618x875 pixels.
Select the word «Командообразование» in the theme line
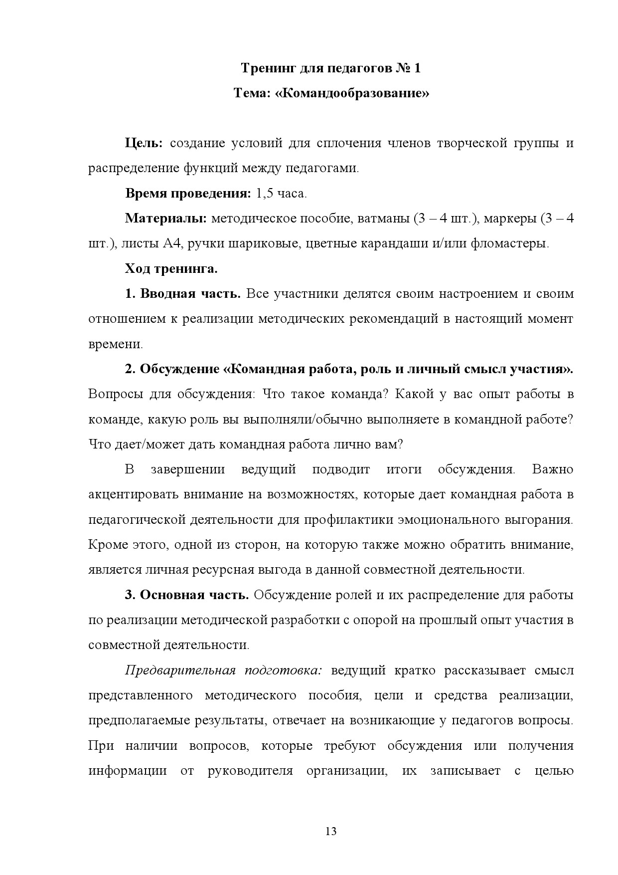coord(352,93)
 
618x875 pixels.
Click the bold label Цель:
coord(144,144)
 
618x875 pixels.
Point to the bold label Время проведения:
coord(188,194)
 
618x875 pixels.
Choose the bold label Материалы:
coord(166,219)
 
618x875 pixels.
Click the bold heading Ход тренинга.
coord(171,269)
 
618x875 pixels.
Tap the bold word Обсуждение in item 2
coord(179,369)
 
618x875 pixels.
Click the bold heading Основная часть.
coord(194,595)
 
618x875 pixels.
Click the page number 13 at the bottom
coord(331,831)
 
